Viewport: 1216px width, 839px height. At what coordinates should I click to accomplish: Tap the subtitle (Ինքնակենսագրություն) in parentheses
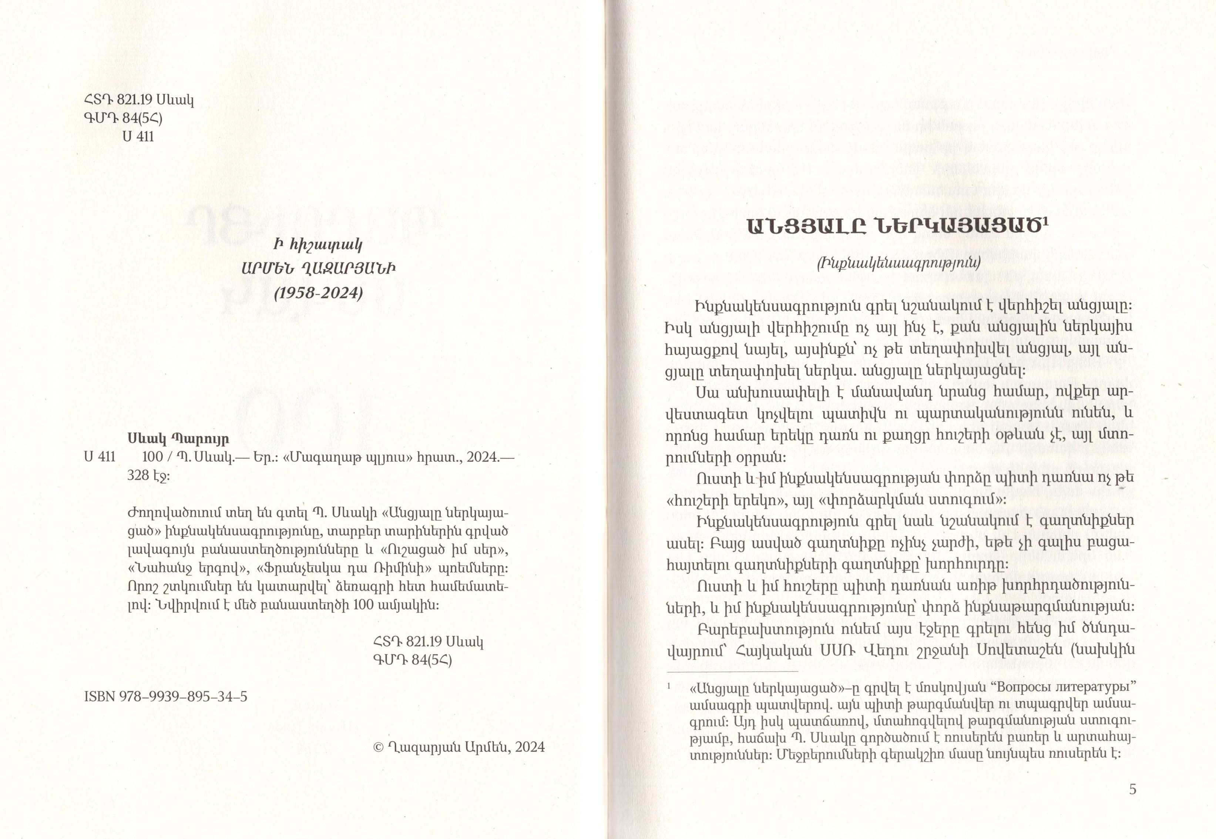tap(898, 262)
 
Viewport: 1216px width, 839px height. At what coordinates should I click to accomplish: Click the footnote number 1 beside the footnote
tap(669, 686)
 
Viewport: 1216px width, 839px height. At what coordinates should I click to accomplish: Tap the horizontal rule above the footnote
tap(733, 671)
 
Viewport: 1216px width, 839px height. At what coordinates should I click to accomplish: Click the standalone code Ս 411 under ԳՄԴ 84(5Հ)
tap(138, 137)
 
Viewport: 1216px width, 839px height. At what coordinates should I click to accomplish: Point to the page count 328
tap(138, 475)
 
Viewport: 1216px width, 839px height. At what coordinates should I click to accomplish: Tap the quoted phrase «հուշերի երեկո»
tap(723, 500)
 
